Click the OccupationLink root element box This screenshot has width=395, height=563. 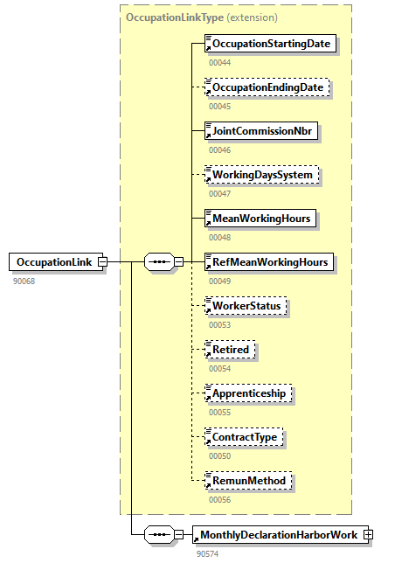(53, 261)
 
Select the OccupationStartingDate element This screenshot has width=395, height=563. (270, 44)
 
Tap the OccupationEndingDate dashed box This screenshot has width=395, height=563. (267, 87)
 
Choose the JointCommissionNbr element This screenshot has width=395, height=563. (260, 131)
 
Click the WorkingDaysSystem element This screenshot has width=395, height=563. (261, 175)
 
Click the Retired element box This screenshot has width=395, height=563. (230, 350)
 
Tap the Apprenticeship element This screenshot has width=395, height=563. (248, 393)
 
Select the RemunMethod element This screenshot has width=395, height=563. (246, 480)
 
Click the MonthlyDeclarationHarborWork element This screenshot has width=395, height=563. (279, 534)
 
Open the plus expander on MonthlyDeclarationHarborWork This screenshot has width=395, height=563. (368, 534)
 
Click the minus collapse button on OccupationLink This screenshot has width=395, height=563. (102, 261)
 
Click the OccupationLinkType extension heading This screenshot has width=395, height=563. (201, 17)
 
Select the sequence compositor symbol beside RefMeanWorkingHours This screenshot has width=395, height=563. (158, 261)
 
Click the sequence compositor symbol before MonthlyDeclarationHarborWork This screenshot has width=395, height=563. (158, 534)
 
